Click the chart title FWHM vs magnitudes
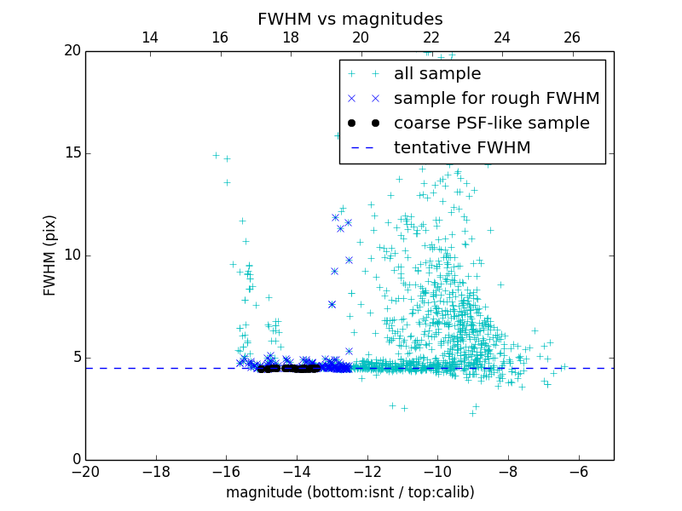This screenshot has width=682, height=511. point(350,19)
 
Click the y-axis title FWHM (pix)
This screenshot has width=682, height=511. point(50,255)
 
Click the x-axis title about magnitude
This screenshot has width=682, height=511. point(350,492)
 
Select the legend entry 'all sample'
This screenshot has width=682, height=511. point(436,74)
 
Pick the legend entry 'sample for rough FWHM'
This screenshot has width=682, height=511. point(496,99)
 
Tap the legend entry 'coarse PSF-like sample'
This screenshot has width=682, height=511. point(491,123)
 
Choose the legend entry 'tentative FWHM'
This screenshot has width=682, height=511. point(461,148)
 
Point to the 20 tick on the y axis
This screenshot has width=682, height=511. point(71,51)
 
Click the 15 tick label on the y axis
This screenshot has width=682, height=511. point(71,153)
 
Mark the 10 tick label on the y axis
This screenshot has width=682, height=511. point(71,255)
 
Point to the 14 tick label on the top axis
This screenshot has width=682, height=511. point(150,37)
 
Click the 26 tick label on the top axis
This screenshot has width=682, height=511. point(572,37)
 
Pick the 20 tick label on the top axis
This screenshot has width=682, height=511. point(361,37)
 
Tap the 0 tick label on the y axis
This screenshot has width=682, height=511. point(75,460)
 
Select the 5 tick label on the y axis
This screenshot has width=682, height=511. point(75,358)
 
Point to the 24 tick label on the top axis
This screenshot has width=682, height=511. point(501,37)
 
